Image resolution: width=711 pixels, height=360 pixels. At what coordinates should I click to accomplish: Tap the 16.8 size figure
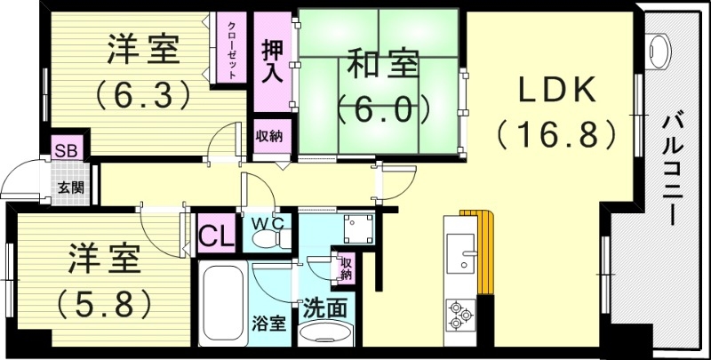pyautogui.click(x=556, y=134)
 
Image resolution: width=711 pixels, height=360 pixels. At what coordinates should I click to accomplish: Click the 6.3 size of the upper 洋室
pyautogui.click(x=144, y=92)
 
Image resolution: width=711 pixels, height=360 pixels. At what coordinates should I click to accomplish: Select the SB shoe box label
pyautogui.click(x=65, y=148)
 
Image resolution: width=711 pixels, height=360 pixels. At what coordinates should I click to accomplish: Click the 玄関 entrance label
pyautogui.click(x=72, y=188)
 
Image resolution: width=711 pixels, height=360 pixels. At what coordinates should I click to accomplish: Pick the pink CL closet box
pyautogui.click(x=214, y=236)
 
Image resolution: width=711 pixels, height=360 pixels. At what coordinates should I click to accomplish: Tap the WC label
pyautogui.click(x=271, y=223)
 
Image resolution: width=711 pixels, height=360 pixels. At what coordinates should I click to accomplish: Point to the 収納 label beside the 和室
pyautogui.click(x=269, y=136)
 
